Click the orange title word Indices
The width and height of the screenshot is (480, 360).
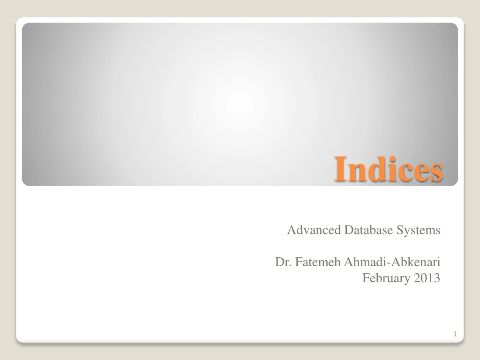pyautogui.click(x=388, y=171)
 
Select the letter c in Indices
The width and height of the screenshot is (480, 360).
pyautogui.click(x=400, y=172)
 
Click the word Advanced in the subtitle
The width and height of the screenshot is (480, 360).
pyautogui.click(x=314, y=230)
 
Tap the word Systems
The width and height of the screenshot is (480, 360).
pyautogui.click(x=418, y=231)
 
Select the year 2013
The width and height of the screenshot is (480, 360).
pyautogui.click(x=427, y=278)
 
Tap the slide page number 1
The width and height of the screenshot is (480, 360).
pyautogui.click(x=455, y=334)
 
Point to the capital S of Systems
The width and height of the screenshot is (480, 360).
pyautogui.click(x=399, y=230)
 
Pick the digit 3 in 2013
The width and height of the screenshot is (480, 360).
pyautogui.click(x=437, y=278)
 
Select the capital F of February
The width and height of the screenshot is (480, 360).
pyautogui.click(x=367, y=278)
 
